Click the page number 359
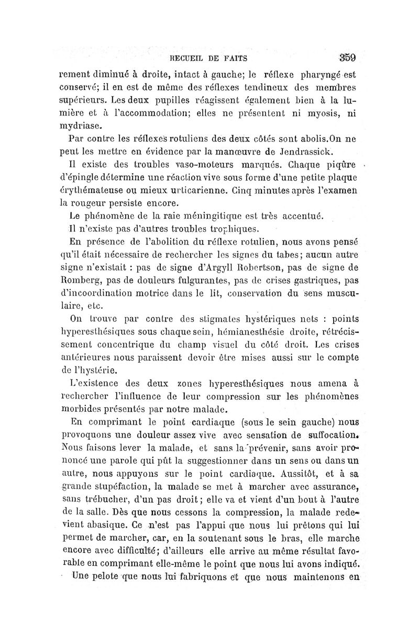point(347,57)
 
